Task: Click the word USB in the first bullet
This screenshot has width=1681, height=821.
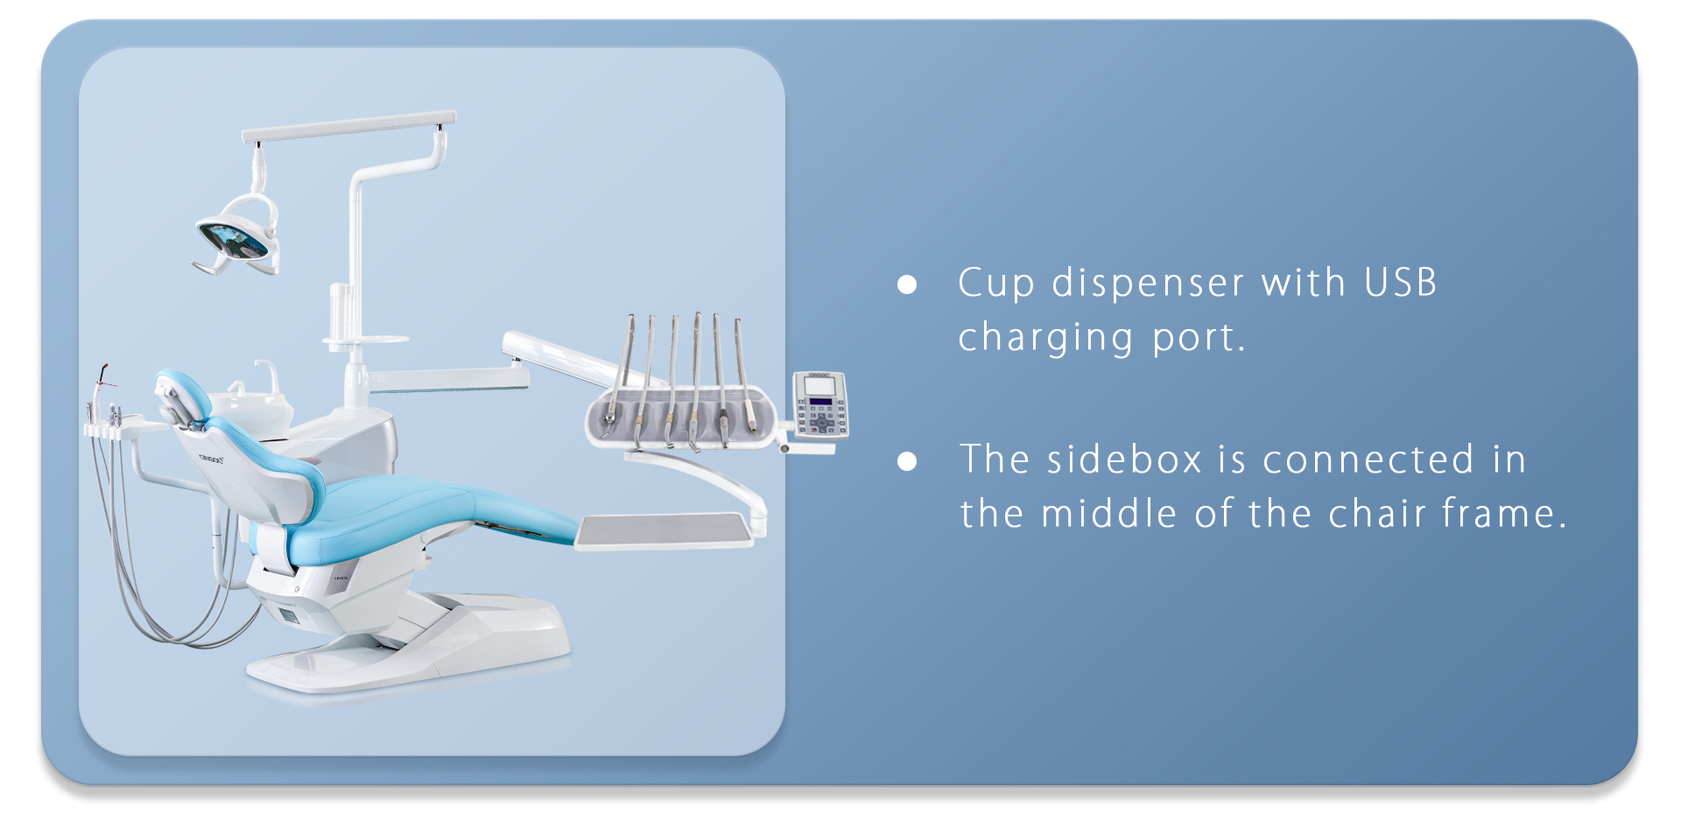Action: [x=1401, y=283]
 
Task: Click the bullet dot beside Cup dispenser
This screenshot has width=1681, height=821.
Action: [x=907, y=284]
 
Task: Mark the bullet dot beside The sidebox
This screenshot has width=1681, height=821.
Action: [x=907, y=461]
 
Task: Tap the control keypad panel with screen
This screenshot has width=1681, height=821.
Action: [x=820, y=404]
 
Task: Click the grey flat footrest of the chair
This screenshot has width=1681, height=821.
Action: [x=665, y=531]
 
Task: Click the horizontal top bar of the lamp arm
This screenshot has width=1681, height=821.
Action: [x=348, y=126]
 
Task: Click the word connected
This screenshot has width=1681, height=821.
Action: [x=1368, y=460]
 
